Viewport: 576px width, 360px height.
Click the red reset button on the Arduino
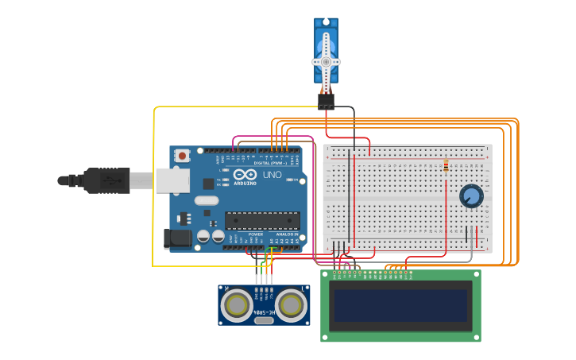(182, 156)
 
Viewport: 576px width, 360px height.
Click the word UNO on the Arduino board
(272, 174)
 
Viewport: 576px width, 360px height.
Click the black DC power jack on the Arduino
(177, 238)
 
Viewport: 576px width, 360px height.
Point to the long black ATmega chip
(261, 220)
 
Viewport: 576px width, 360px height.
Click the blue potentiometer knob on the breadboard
(471, 195)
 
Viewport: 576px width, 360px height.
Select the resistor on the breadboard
(446, 166)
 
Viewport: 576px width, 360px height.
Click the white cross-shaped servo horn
(326, 61)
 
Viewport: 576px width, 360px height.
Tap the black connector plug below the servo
(326, 101)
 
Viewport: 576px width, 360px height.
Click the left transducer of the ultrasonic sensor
(237, 304)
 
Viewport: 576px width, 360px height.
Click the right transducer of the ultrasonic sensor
(291, 304)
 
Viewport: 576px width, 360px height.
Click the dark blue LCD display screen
(400, 305)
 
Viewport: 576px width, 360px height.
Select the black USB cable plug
(107, 180)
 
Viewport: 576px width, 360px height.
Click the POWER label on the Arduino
(256, 234)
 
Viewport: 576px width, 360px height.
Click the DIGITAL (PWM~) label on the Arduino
(271, 163)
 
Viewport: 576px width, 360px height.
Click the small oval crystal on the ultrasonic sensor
(264, 321)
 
